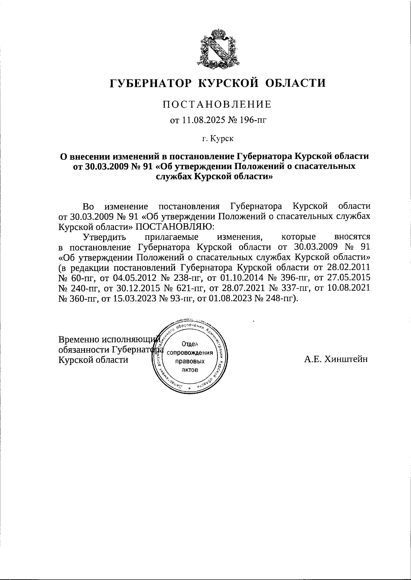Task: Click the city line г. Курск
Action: click(x=217, y=139)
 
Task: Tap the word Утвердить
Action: click(x=104, y=237)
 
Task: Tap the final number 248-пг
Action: click(x=279, y=298)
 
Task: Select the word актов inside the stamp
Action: click(x=190, y=370)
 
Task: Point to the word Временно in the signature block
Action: click(x=79, y=339)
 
